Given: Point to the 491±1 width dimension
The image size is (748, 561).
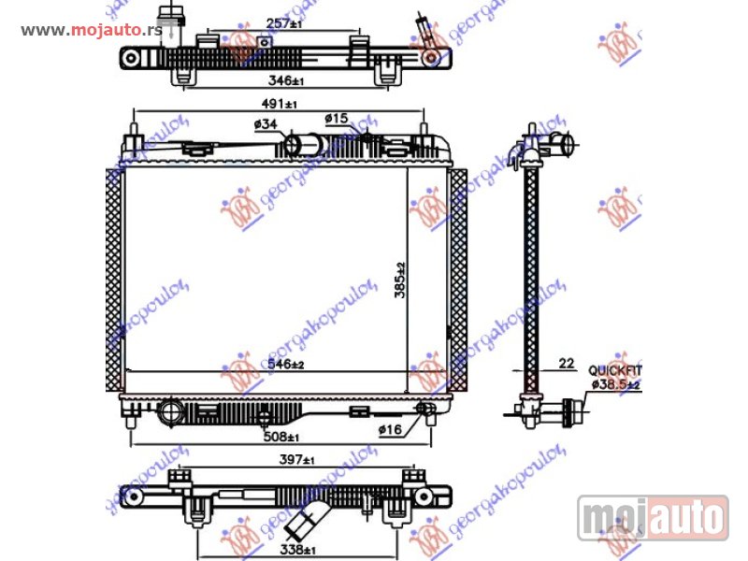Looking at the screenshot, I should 279,106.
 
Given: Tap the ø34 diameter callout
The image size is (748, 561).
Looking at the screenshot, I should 265,124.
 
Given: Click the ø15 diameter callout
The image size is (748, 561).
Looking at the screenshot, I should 337,118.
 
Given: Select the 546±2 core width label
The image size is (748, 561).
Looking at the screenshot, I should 286,364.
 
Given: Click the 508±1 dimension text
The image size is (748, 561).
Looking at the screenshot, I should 281,438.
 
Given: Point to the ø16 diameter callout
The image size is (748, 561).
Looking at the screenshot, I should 391,429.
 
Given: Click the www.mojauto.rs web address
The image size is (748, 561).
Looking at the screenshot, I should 91,30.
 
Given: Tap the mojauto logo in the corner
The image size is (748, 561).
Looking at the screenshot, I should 653,517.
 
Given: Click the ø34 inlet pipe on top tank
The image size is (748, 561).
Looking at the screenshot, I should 302,145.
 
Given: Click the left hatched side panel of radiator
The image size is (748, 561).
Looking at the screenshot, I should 114,280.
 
